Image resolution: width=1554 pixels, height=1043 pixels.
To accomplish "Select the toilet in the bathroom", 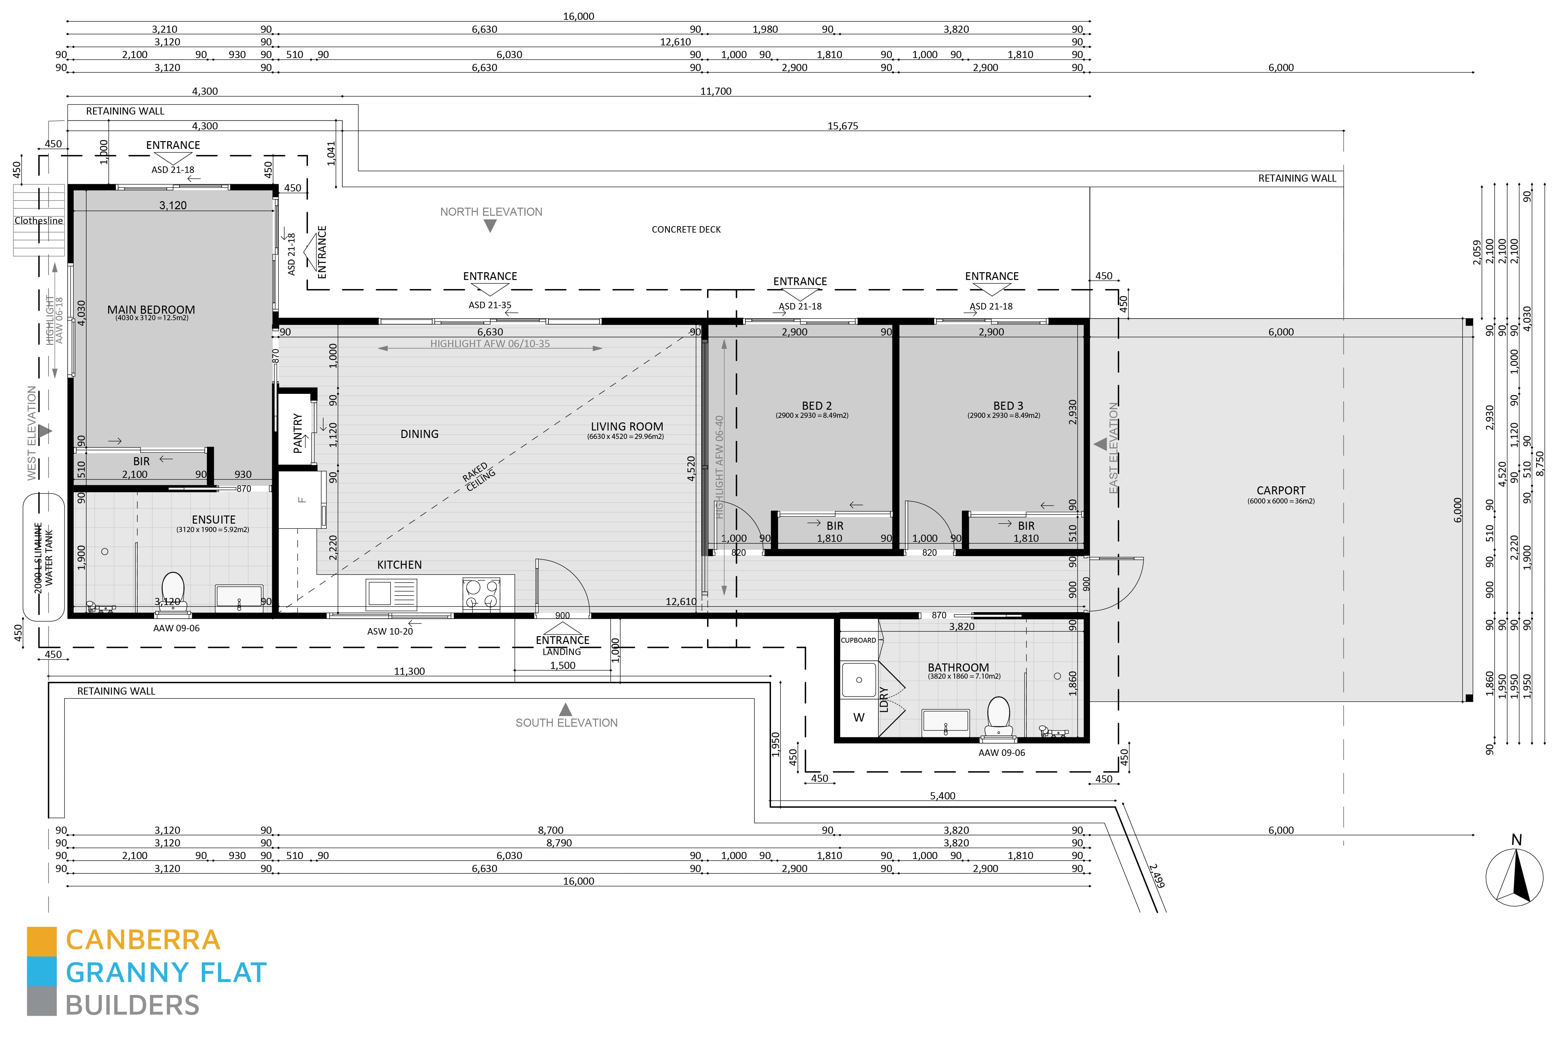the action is click(998, 717).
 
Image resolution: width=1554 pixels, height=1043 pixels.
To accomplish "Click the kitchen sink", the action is click(391, 593).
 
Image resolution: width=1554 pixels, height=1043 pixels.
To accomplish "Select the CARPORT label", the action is click(1280, 490).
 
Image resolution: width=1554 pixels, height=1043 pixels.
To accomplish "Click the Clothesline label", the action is click(39, 220).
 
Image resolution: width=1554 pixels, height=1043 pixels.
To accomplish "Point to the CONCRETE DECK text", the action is click(686, 229).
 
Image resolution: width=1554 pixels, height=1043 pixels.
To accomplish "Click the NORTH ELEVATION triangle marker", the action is click(490, 226).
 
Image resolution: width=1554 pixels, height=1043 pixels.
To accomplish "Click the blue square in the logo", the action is click(41, 973).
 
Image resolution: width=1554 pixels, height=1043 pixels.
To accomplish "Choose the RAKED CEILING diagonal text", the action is click(479, 476).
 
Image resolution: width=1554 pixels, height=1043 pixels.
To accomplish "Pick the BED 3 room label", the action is click(1008, 406).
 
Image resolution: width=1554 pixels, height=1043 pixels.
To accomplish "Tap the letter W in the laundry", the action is click(859, 718).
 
